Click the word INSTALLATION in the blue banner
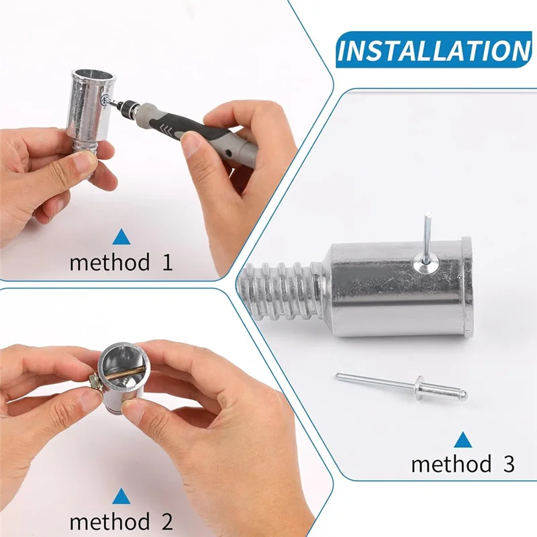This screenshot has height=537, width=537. [434, 51]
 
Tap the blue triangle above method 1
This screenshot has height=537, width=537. [121, 236]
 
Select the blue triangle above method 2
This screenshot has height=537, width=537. [121, 496]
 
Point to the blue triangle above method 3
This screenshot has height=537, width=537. [462, 440]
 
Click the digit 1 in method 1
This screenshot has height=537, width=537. [166, 262]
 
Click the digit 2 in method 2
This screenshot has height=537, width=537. [166, 522]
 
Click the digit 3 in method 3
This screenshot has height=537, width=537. [508, 464]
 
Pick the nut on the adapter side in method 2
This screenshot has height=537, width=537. [96, 382]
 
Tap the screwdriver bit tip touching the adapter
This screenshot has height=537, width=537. [108, 99]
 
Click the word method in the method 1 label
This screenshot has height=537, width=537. [110, 262]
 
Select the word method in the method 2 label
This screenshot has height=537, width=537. [110, 522]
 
